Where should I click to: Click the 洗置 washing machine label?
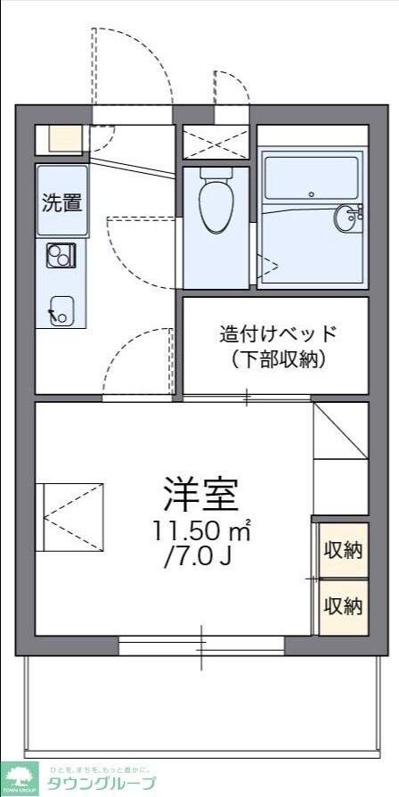[62, 201]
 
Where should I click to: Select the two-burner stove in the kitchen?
[61, 257]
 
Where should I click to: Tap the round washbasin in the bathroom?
[346, 217]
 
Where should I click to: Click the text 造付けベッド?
[279, 334]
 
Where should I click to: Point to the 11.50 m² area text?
[200, 531]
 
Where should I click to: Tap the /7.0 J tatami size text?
[200, 560]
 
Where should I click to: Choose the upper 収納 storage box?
[343, 550]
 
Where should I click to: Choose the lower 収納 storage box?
[343, 606]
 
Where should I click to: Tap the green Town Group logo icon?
[19, 777]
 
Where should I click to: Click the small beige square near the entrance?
[64, 138]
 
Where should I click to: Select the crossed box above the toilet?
[216, 142]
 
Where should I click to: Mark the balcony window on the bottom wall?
[201, 646]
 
